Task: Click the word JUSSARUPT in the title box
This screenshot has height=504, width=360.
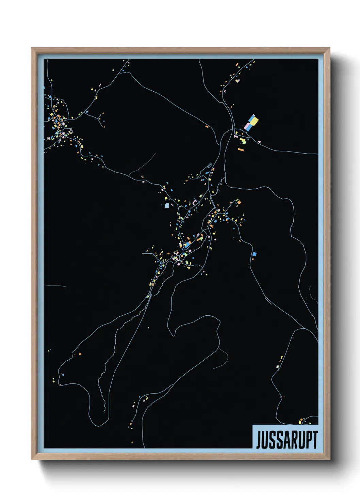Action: coord(287,439)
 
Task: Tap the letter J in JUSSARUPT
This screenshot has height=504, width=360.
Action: coord(259,440)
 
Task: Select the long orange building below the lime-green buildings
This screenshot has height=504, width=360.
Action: coord(241,149)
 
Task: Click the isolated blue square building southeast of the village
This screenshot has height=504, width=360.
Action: coord(254,254)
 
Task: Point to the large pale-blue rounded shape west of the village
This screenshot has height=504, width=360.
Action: coord(167,206)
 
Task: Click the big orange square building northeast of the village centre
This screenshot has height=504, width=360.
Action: coord(239,202)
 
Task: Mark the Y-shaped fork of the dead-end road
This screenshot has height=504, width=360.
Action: coord(99,119)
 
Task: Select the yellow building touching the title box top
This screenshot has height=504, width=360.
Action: coord(300,422)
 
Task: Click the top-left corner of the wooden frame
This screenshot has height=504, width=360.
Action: coord(32,48)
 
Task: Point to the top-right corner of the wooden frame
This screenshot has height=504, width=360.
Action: coord(329,48)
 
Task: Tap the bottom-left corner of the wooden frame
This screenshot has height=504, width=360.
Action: coord(32,459)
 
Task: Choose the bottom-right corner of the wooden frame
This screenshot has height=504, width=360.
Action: coord(329,459)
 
